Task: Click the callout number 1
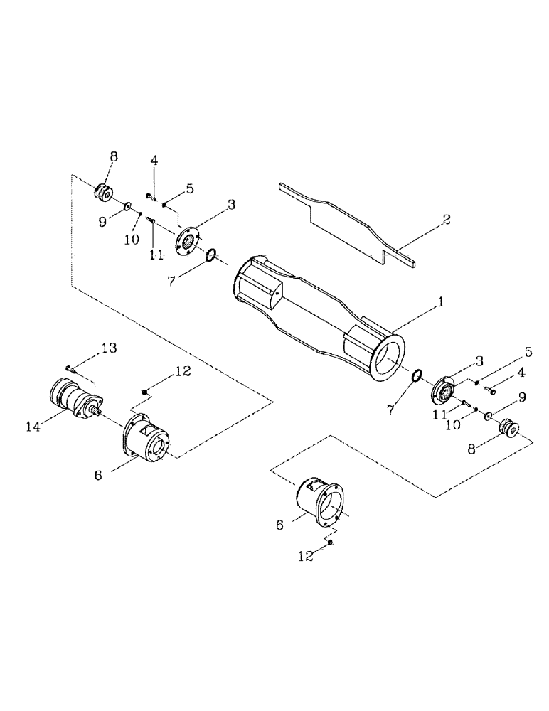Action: [x=441, y=302]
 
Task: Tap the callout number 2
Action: [x=447, y=219]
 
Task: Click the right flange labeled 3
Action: [x=444, y=390]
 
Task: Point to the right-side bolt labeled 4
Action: [x=490, y=389]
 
